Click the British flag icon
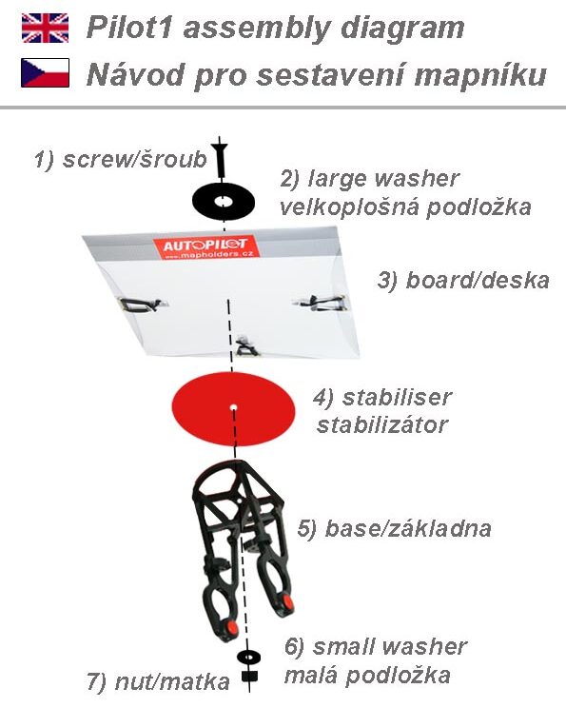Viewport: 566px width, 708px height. (45, 28)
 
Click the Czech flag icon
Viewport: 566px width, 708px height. (45, 72)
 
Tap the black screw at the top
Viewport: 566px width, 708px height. (221, 159)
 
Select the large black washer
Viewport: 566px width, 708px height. (224, 202)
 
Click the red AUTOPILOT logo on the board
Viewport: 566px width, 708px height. (206, 247)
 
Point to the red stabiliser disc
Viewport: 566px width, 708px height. (233, 409)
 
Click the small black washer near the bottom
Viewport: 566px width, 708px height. (248, 657)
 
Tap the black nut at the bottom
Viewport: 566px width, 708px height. (249, 676)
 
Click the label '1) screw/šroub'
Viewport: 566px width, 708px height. (121, 160)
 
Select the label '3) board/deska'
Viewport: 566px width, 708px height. (463, 281)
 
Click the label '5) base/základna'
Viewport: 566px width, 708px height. (395, 529)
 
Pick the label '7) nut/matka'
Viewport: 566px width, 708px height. (159, 681)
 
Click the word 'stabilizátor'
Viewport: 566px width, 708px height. (382, 424)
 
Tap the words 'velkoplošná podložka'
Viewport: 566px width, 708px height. (405, 207)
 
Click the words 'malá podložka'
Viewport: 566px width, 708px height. (367, 676)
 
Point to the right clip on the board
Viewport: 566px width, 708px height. (322, 302)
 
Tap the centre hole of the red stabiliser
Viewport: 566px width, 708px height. (233, 407)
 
